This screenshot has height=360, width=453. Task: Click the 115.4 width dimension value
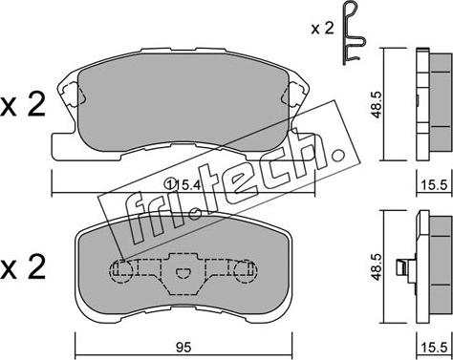(183, 184)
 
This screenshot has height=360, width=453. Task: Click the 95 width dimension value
(183, 348)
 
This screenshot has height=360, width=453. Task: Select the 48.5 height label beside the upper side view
(377, 105)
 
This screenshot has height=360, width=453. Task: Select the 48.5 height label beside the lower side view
(377, 266)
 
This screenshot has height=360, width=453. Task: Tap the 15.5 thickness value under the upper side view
(435, 185)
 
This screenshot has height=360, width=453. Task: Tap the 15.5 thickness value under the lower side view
(435, 348)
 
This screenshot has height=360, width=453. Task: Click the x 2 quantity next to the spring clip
(322, 29)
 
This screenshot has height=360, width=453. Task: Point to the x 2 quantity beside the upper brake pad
(23, 105)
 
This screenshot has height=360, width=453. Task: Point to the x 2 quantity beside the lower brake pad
(23, 266)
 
